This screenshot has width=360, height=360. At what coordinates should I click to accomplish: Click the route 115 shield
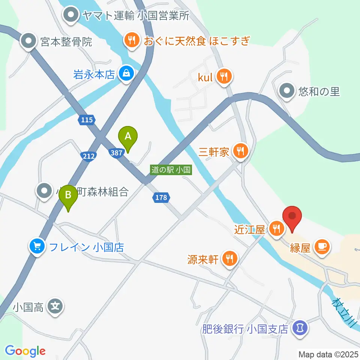87,120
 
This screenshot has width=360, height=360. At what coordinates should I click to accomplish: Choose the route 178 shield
161,197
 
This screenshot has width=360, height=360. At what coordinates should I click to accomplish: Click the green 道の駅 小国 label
171,169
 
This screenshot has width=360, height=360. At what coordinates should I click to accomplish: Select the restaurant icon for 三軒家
239,151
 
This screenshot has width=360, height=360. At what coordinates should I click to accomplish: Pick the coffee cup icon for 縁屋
322,246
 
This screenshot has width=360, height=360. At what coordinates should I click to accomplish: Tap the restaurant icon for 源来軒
229,258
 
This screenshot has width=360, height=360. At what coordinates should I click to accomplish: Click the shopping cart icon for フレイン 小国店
37,246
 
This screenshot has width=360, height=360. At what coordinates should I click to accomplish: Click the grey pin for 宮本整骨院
28,41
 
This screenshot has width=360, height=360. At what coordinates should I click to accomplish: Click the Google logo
25,351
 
